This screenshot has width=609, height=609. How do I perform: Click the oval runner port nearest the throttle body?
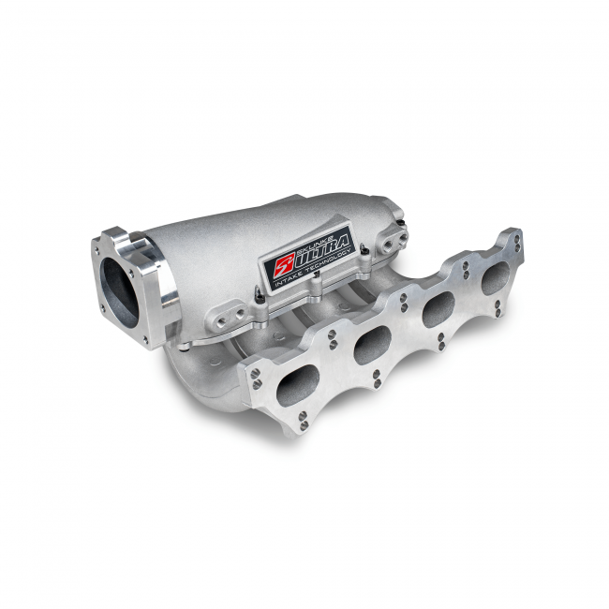click(299, 385)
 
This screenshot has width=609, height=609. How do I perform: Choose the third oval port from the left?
click(438, 308)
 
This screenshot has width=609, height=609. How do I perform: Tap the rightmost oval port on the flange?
click(494, 277)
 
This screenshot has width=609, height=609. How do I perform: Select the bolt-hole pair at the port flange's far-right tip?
click(516, 244)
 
